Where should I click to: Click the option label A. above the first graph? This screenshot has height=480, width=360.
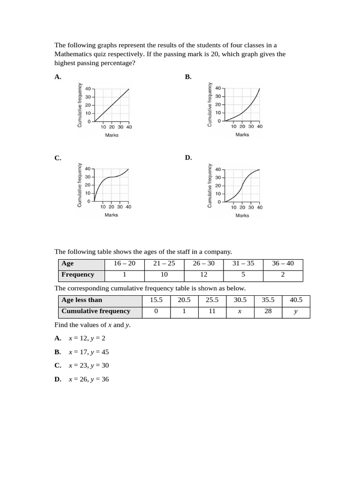pos(58,77)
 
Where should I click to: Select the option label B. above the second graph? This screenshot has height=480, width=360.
pos(188,77)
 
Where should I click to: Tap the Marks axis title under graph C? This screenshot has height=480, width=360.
pos(111,215)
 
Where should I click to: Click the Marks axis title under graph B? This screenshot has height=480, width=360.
pos(242,135)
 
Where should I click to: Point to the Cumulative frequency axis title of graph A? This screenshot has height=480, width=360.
pos(80,105)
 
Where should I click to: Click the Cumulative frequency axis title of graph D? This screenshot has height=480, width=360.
pos(210,186)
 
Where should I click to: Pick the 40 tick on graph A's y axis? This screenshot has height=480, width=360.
pos(88,88)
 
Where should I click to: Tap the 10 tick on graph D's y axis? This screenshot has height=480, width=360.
pos(218,194)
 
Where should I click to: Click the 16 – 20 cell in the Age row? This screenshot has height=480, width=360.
pos(124,263)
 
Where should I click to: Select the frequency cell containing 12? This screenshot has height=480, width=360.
pos(204,275)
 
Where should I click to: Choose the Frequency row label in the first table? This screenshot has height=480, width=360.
pos(78,275)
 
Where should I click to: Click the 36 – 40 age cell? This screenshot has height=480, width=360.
pos(283,263)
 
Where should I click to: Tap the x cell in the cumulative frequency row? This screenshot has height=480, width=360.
pos(240,311)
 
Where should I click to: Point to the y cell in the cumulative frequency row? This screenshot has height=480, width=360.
pos(295,311)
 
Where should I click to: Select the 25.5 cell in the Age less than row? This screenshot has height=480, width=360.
pos(212,300)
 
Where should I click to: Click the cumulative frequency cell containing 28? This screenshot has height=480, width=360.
pos(268,311)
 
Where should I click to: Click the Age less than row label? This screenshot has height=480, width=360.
pos(82,300)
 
